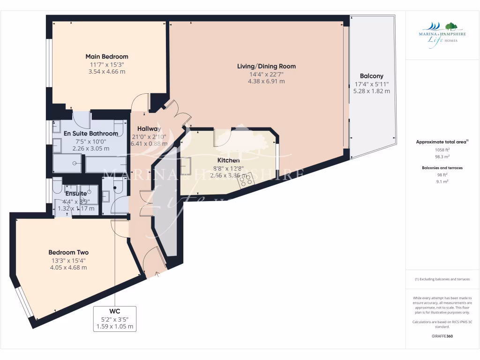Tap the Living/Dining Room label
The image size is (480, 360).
(266, 66)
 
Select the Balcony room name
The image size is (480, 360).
(371, 76)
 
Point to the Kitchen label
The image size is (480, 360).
(228, 160)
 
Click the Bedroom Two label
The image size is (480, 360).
(68, 252)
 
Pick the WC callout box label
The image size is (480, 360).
(115, 311)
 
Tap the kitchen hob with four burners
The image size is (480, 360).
(247, 179)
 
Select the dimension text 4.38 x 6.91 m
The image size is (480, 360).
(266, 81)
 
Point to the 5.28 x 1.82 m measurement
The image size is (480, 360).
(371, 91)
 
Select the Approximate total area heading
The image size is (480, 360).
(442, 142)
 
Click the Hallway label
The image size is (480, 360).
(149, 129)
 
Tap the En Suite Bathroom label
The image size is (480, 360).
(91, 134)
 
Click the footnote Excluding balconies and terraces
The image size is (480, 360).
(442, 279)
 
